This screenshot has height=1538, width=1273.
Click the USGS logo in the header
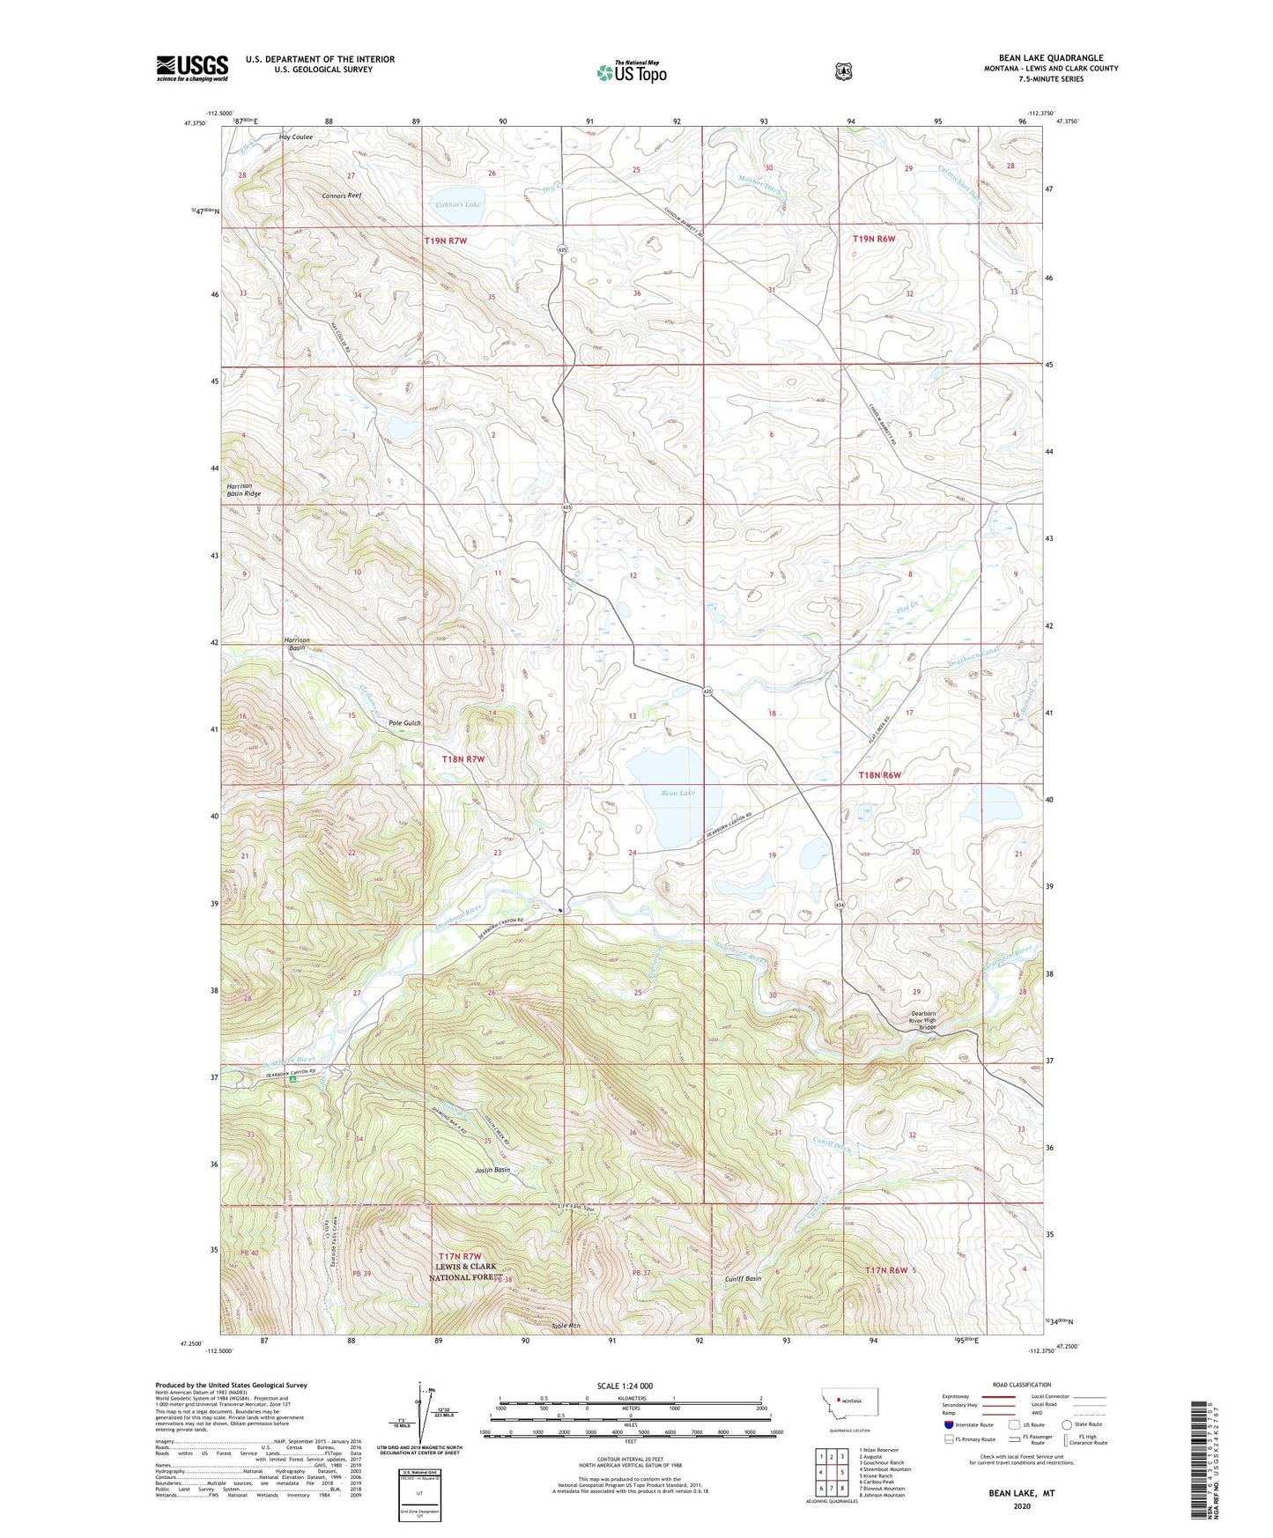click(192, 68)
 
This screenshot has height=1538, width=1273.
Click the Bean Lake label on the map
click(678, 794)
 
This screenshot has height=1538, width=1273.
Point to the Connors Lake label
click(459, 204)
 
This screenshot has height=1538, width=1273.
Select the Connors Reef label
click(342, 195)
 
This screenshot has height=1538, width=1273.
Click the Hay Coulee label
click(296, 137)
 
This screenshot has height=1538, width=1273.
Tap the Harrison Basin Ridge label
click(243, 490)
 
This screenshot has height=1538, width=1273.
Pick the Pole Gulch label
click(405, 723)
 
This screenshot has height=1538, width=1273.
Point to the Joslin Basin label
click(492, 1171)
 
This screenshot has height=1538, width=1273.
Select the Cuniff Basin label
click(743, 1279)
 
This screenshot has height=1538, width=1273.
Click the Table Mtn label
click(566, 1326)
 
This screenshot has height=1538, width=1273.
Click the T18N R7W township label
click(463, 758)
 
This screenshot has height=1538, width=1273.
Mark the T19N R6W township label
click(874, 239)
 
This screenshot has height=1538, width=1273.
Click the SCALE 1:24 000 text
click(625, 1386)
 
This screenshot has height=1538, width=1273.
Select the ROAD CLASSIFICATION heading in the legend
click(1021, 1385)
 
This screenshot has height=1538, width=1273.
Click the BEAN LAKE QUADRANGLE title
click(1051, 58)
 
